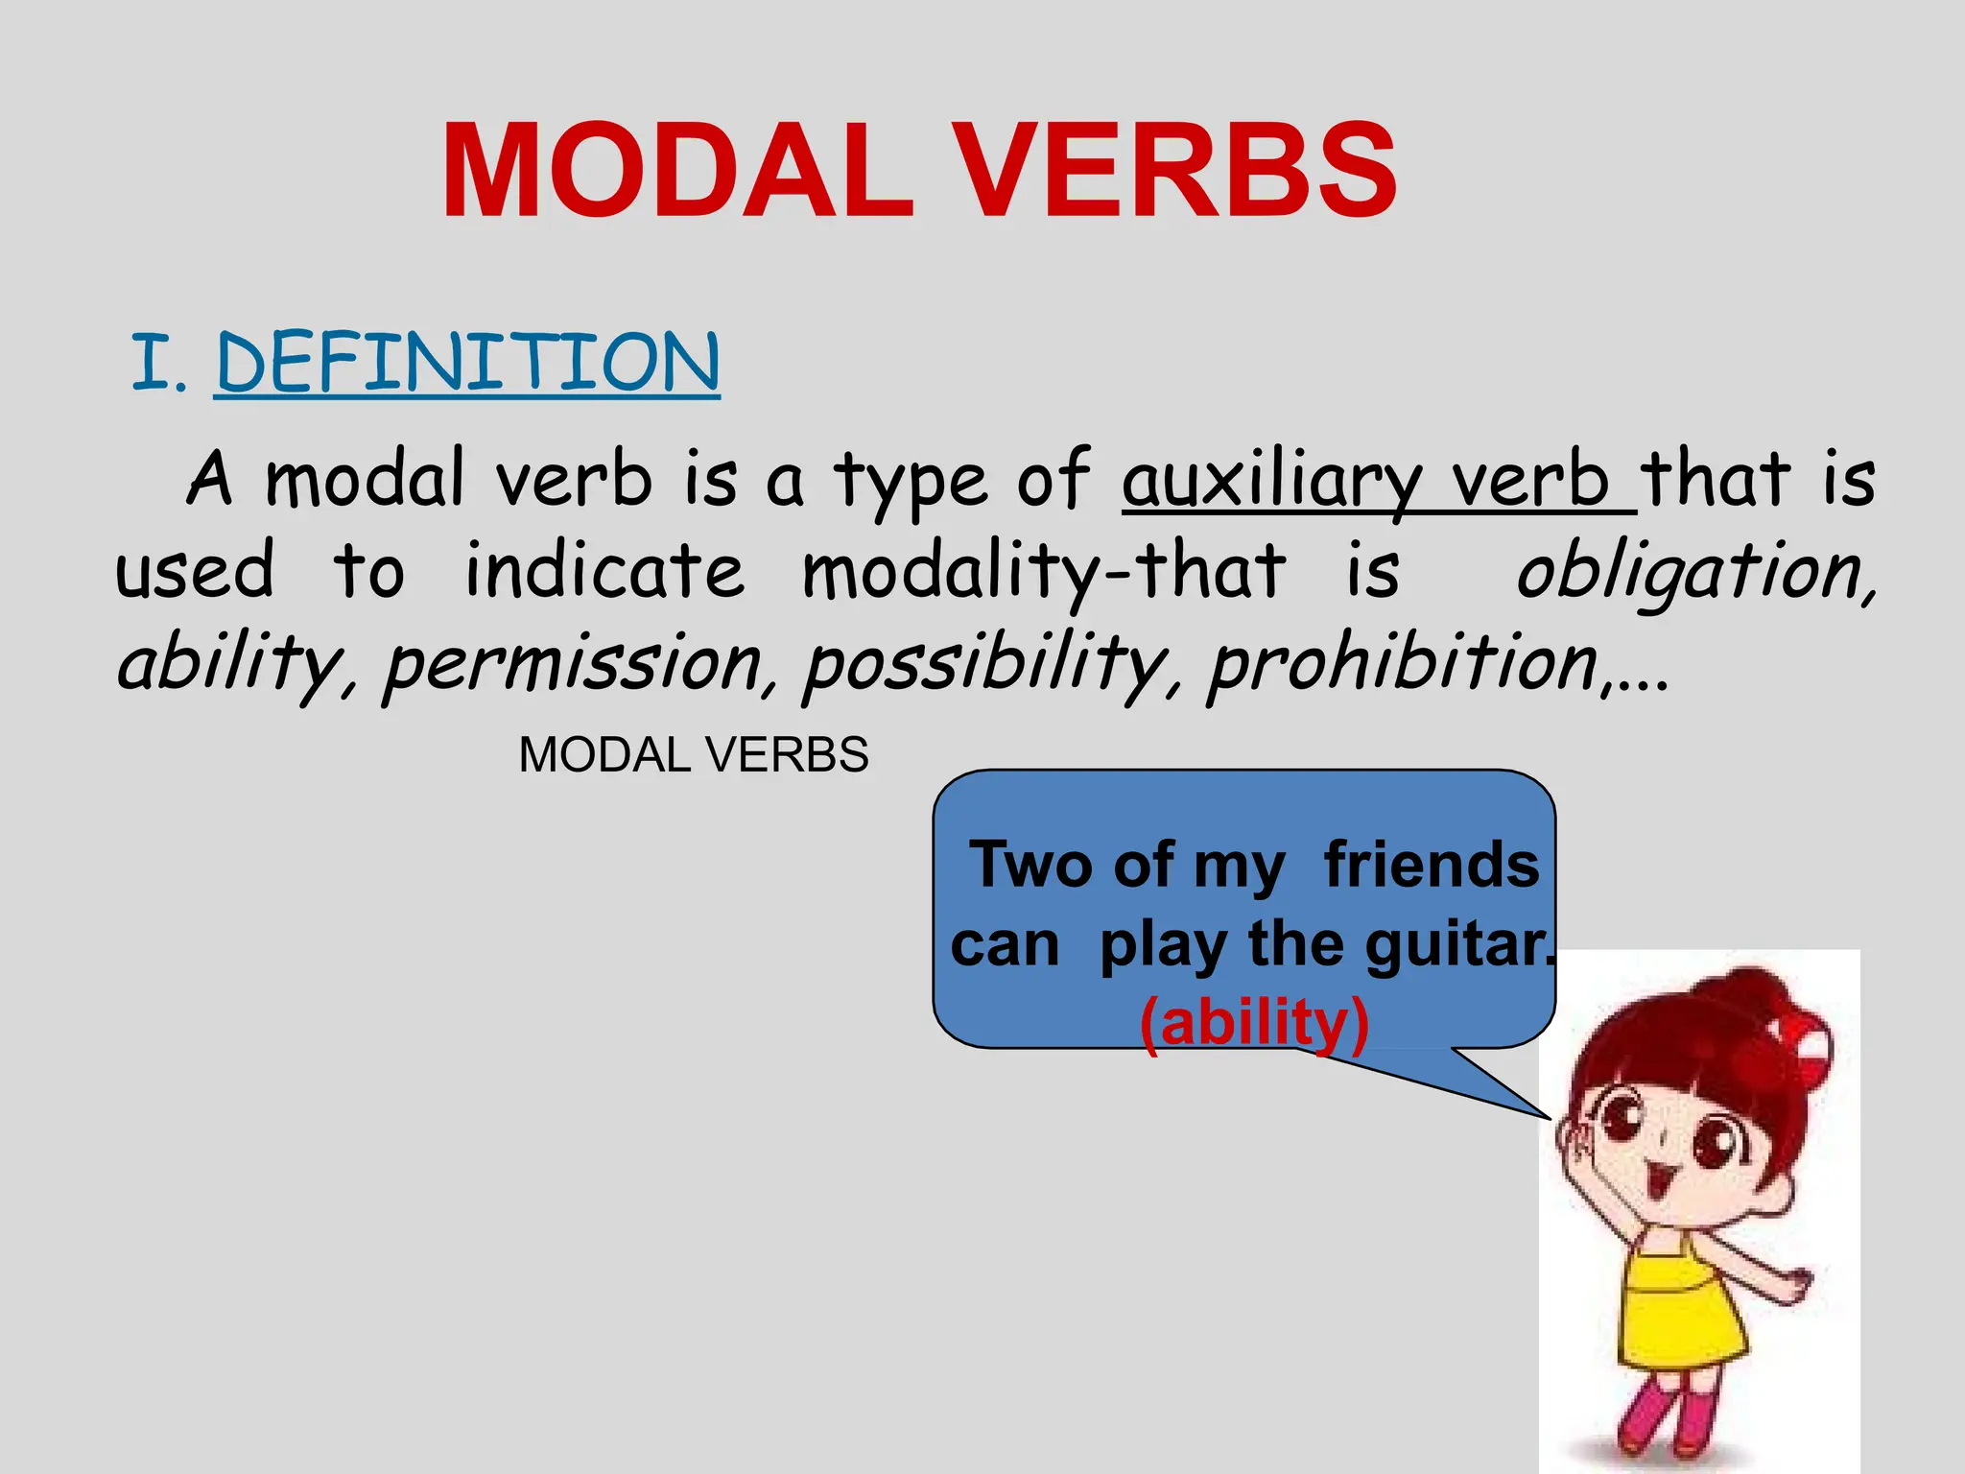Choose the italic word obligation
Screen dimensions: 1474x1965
1693,571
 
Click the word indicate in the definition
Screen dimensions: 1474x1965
604,571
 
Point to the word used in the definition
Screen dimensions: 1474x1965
195,571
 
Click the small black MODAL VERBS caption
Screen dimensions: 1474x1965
694,755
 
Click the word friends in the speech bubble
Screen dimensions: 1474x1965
1431,865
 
